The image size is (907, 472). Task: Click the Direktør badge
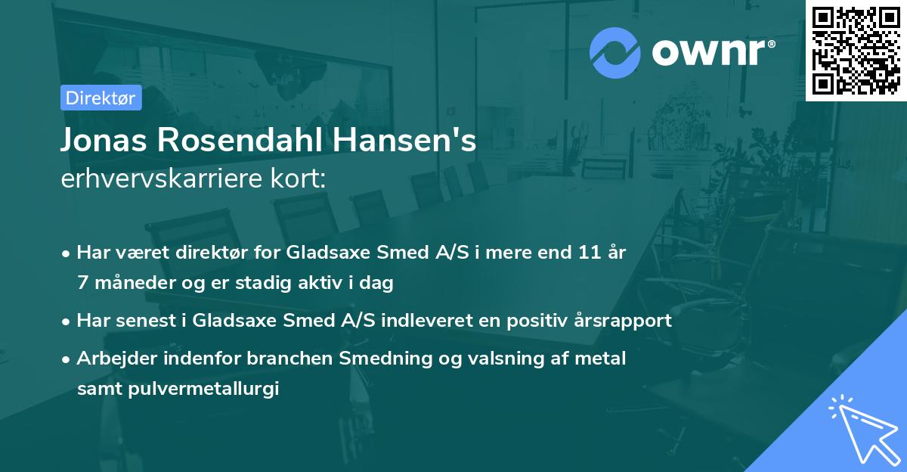[x=101, y=98]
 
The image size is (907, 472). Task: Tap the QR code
[x=856, y=50]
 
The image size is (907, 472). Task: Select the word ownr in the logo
[x=708, y=51]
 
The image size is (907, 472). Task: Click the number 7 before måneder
[x=82, y=283]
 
